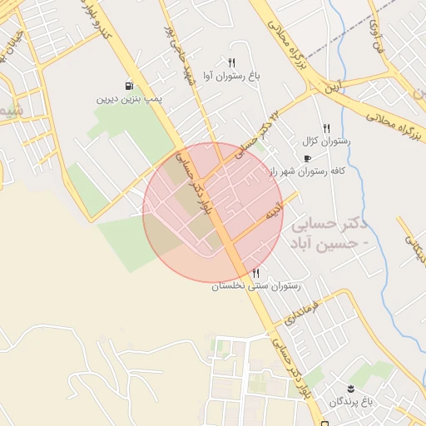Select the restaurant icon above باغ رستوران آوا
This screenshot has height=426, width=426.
pos(231,62)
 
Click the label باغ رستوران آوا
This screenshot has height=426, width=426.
pos(231,77)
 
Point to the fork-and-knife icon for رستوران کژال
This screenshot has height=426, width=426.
pos(326,128)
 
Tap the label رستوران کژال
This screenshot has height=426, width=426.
pos(326,141)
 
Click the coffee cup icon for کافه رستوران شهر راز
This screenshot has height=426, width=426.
pos(307,158)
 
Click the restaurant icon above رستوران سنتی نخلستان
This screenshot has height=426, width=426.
pos(255,273)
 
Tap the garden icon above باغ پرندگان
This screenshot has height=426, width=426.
pos(350,389)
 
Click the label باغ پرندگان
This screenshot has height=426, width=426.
pos(347,402)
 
